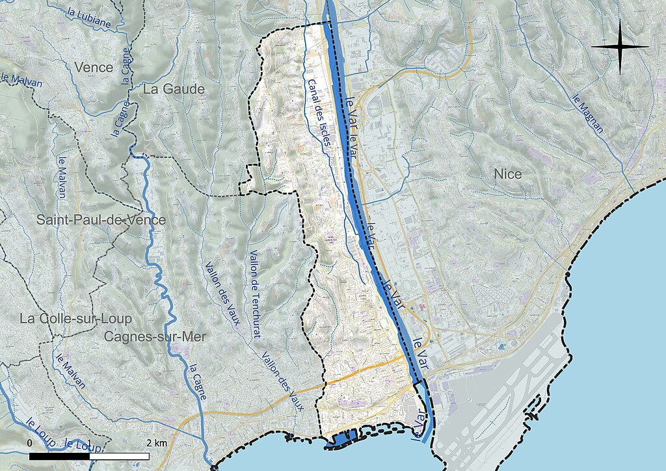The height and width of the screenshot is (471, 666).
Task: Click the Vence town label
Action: click(94, 67)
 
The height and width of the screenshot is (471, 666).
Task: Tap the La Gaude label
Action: click(174, 89)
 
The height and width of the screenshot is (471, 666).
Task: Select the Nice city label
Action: click(507, 174)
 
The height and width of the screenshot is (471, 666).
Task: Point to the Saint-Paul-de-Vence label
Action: click(101, 220)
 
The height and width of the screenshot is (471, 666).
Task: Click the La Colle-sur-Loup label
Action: click(75, 319)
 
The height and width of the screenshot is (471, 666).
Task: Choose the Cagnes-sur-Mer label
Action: click(154, 336)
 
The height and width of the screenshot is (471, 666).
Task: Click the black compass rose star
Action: click(620, 46)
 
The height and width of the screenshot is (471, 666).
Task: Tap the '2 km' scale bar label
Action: click(157, 443)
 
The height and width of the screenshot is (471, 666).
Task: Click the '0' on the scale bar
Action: click(30, 443)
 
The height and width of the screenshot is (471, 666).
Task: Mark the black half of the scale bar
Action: click(59, 456)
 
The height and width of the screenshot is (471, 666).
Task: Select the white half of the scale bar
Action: click(119, 456)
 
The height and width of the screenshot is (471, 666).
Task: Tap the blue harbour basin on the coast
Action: click(343, 439)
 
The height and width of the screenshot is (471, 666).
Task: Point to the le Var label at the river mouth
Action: click(420, 427)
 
